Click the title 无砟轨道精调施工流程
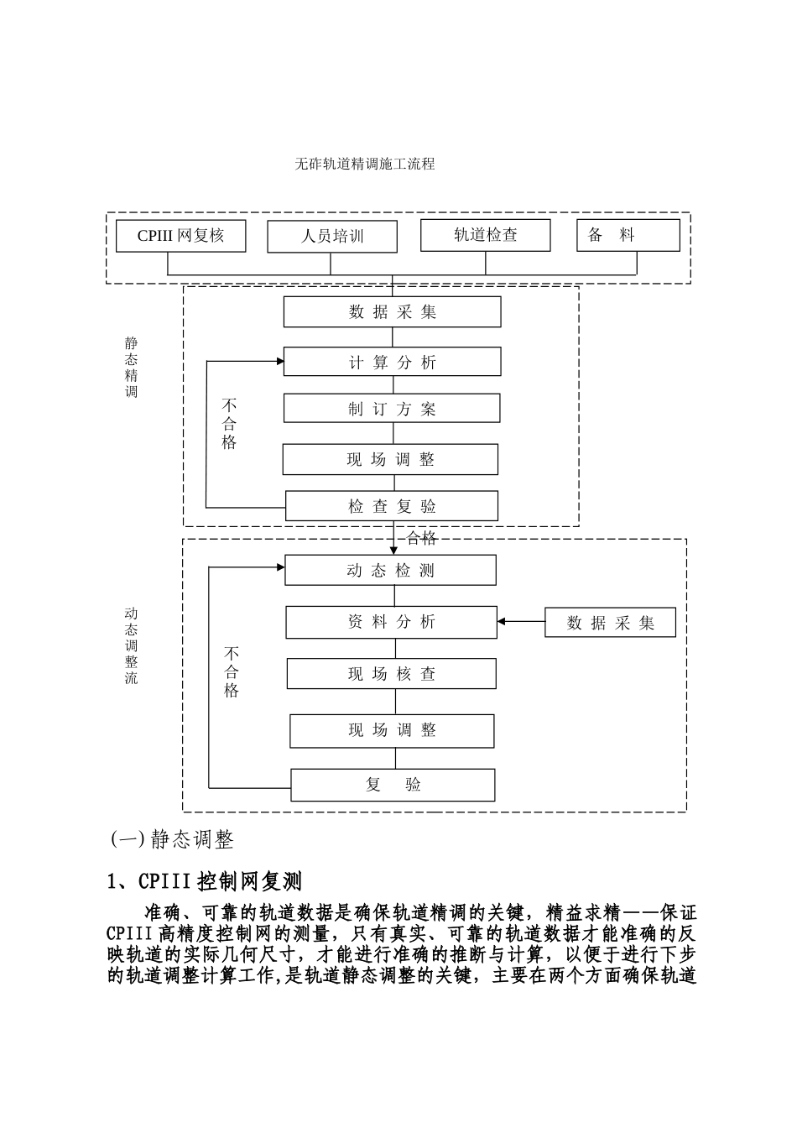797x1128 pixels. coord(365,164)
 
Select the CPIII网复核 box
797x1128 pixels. coord(181,236)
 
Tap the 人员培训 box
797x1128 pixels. coord(332,237)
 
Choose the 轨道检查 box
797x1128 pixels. coord(486,235)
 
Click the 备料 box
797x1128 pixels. coord(628,236)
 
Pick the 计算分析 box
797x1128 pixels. coord(393,362)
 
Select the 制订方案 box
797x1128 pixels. coord(392,409)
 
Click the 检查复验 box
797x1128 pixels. coord(392,506)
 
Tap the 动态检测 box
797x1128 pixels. coord(390,571)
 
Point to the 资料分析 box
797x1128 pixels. coord(391,622)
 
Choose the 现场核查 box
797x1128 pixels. coord(392,674)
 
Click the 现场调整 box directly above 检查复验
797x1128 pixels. coord(390,459)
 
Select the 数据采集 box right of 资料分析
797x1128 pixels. coord(610,623)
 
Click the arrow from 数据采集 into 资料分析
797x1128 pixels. coord(521,622)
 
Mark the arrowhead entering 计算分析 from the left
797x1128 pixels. coord(279,362)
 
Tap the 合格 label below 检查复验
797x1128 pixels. coord(421,538)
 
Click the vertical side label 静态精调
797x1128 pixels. coord(132,367)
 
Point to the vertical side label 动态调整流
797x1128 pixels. coord(132,645)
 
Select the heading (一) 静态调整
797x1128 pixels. coord(172,839)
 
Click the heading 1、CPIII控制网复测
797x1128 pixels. coord(205,882)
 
